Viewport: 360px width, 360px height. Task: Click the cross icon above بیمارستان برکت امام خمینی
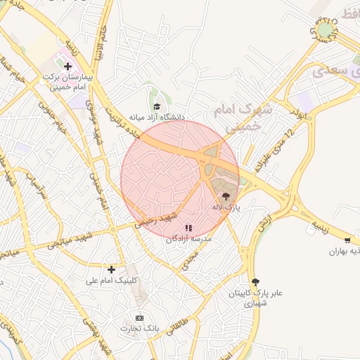coord(67,65)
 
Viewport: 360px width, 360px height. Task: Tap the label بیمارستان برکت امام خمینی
coord(68,81)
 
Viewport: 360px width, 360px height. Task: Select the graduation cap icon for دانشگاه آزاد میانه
coord(157,105)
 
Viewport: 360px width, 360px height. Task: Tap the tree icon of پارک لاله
coord(226,198)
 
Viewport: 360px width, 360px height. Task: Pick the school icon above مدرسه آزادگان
coord(188,228)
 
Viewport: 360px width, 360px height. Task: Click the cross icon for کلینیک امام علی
coord(111,269)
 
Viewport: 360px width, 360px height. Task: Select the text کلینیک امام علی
coord(112,280)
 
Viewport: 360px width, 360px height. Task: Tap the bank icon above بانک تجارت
coord(139,319)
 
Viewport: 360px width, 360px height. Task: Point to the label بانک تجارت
coord(139,329)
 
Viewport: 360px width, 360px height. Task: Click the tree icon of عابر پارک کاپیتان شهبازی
coord(255,281)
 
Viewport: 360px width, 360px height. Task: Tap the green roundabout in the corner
coord(326,30)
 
